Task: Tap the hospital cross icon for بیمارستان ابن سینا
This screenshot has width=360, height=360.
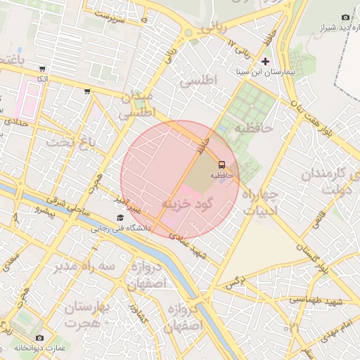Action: point(265,62)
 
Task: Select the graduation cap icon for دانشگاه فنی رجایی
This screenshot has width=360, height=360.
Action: point(120,218)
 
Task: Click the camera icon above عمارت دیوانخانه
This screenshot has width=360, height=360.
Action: point(39,338)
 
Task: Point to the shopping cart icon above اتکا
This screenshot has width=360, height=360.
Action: point(42,69)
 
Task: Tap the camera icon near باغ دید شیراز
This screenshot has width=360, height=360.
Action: point(345,17)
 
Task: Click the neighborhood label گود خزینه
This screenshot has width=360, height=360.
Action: point(186,205)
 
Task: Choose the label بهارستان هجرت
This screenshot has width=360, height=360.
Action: point(89,315)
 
